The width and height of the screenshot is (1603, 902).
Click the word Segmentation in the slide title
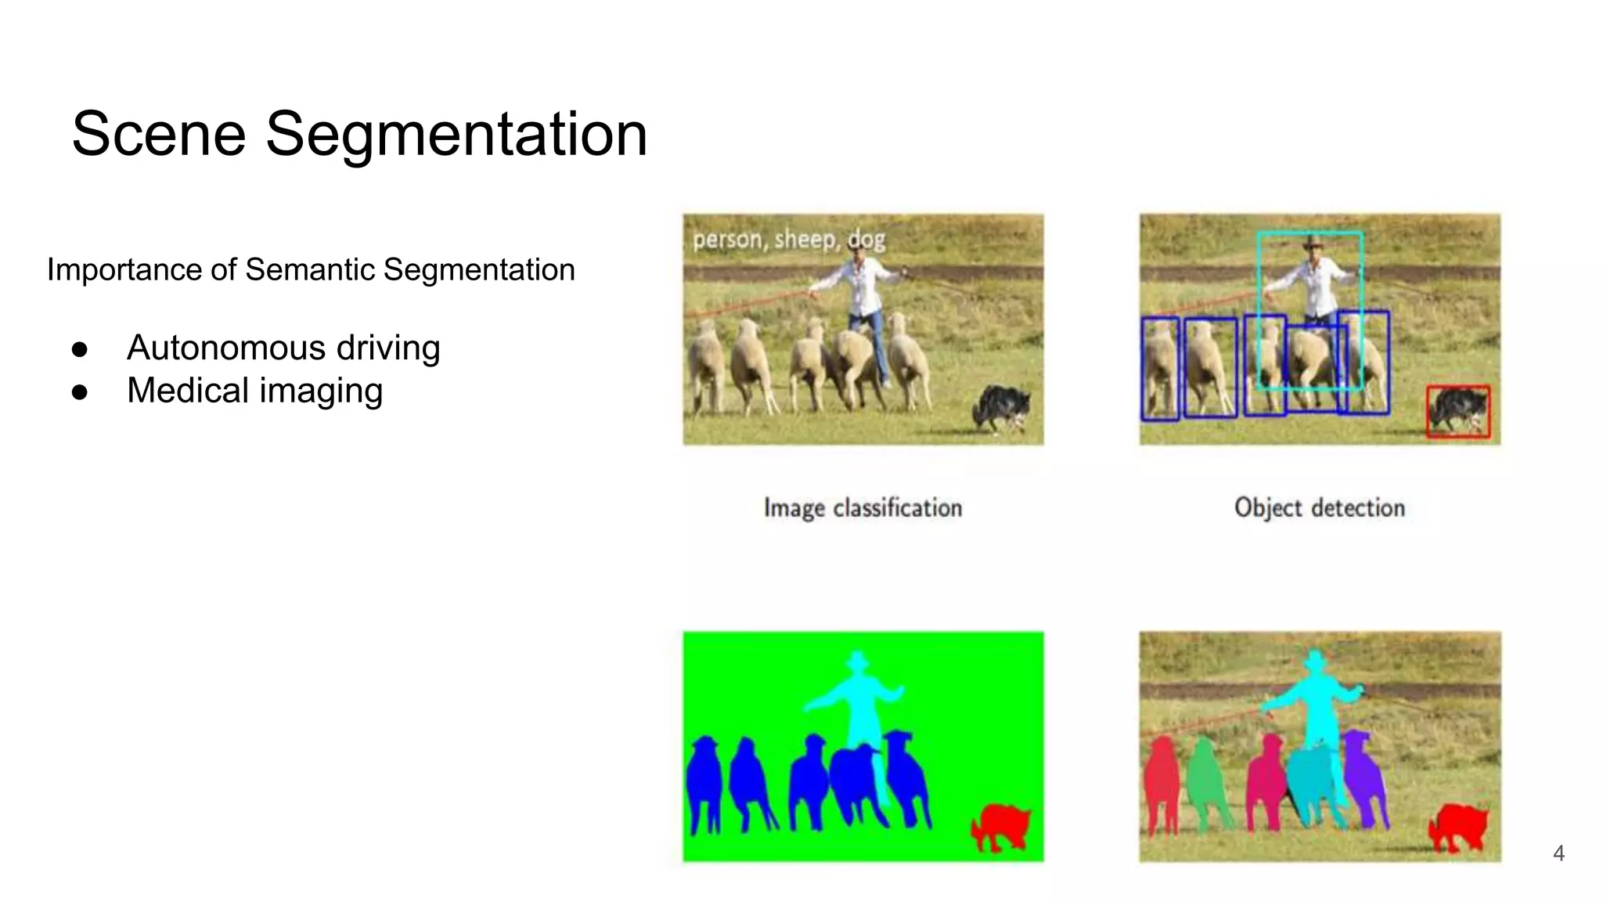coord(456,134)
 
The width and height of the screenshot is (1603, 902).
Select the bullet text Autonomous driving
coord(283,348)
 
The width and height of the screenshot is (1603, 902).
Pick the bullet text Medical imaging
coord(254,391)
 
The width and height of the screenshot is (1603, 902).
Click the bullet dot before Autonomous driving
coord(79,349)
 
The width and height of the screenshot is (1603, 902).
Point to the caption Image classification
coord(863,508)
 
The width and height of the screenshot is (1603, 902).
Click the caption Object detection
coord(1320,508)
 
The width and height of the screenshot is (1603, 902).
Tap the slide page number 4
coord(1558,853)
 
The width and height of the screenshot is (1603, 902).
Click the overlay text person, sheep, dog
coord(789,239)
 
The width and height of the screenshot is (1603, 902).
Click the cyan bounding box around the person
coord(1309,233)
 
